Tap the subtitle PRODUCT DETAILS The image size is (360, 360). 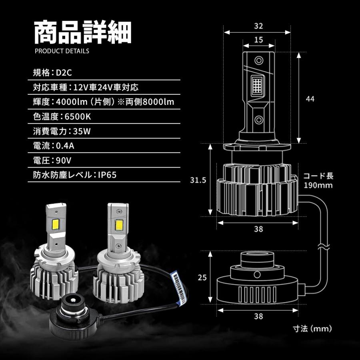(x=62, y=51)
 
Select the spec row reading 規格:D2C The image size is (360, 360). (x=52, y=73)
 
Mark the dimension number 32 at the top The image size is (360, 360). (x=258, y=26)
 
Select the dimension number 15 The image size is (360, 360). (x=258, y=40)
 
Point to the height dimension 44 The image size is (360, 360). (x=310, y=99)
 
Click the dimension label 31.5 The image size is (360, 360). (x=198, y=180)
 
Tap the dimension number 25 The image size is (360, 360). (x=202, y=278)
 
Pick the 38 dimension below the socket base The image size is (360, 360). (x=258, y=316)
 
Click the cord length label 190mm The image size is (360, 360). (x=318, y=186)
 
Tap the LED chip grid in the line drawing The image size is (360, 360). (x=258, y=85)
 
